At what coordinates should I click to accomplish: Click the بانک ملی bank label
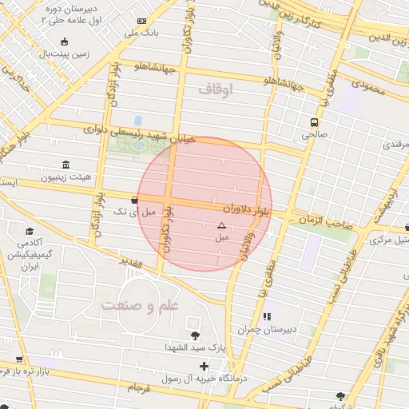coord(142,34)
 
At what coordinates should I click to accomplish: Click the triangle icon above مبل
coord(221,226)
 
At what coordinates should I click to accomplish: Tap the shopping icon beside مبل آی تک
coord(133,200)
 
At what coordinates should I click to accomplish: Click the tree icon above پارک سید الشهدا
coord(195,335)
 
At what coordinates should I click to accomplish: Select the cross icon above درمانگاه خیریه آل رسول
coord(204,366)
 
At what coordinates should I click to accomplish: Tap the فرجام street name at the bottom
coord(138,387)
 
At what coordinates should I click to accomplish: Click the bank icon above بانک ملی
coord(142,21)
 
